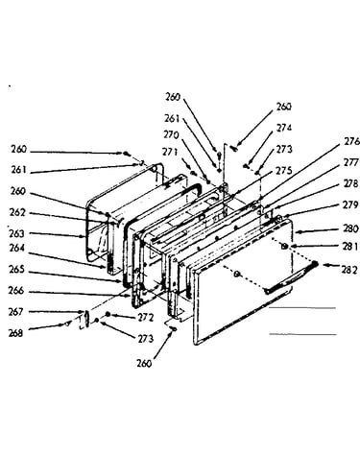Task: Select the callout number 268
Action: pos(16,333)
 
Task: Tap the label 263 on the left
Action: pos(16,233)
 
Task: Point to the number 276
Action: pos(351,141)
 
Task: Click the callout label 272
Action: pos(146,318)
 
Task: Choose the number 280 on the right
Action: pos(349,229)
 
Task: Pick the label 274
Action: pos(284,128)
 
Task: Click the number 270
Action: pos(172,135)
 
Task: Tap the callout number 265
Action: pos(16,270)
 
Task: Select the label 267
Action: pos(16,311)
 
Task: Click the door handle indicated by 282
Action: pos(291,277)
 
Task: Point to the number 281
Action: pos(349,247)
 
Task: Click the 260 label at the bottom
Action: pos(144,364)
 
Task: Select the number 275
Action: pos(284,171)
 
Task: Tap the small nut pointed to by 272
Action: pos(108,315)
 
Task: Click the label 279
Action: pos(350,204)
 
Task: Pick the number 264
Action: pos(16,249)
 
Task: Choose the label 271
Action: pos(170,152)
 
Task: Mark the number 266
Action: pos(16,291)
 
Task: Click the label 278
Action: pos(350,184)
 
